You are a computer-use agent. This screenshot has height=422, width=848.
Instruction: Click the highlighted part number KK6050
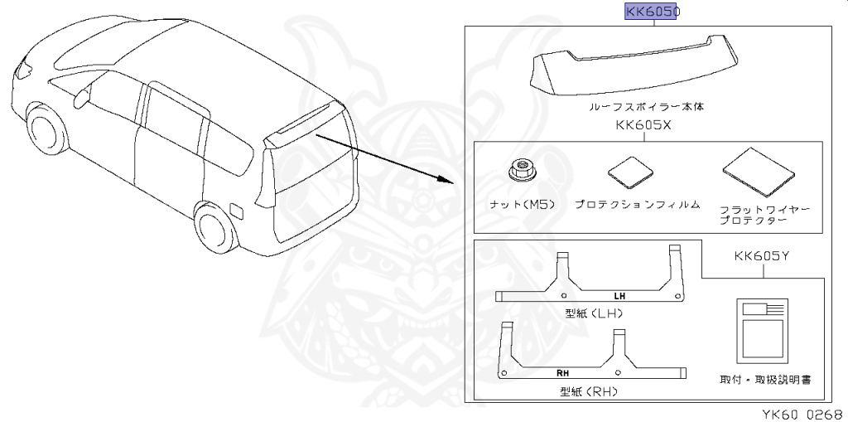(x=651, y=12)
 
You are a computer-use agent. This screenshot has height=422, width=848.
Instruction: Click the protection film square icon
(x=632, y=173)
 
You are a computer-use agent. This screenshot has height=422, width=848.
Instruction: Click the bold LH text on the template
(x=620, y=296)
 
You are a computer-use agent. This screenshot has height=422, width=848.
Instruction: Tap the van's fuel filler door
(x=234, y=210)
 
